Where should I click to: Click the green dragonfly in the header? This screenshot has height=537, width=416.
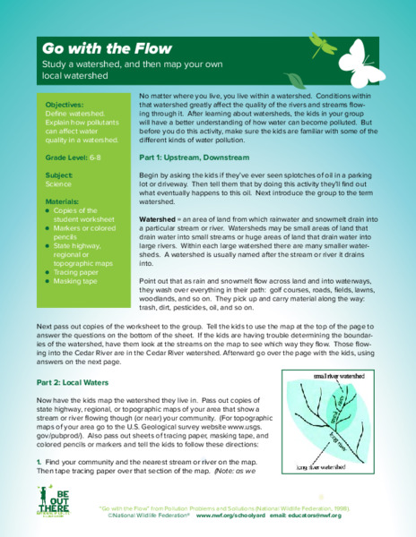click(321, 39)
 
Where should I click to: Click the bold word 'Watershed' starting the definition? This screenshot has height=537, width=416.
click(158, 217)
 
